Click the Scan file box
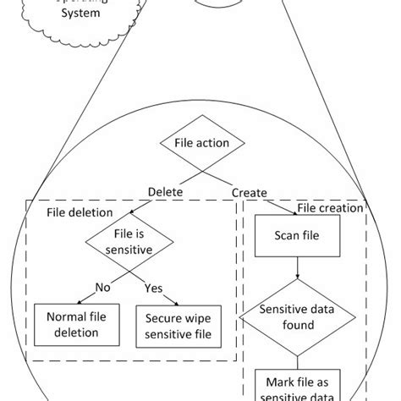click(297, 238)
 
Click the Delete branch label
click(166, 192)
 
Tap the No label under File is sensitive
click(103, 287)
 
